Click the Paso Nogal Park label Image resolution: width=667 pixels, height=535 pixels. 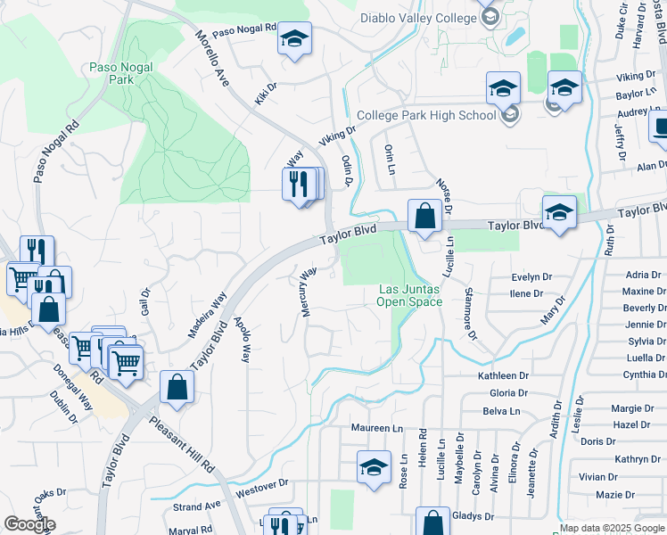point(111,72)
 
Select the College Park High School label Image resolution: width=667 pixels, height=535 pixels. point(426,115)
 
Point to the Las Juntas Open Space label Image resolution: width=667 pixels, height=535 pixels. point(410,295)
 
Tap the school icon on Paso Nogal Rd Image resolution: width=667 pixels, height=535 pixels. point(294,39)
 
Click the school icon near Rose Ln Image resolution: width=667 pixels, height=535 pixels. point(374,467)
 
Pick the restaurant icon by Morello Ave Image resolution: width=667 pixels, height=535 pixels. point(299,184)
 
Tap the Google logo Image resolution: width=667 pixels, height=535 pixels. point(29,524)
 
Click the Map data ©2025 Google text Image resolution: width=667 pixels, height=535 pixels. point(612,528)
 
